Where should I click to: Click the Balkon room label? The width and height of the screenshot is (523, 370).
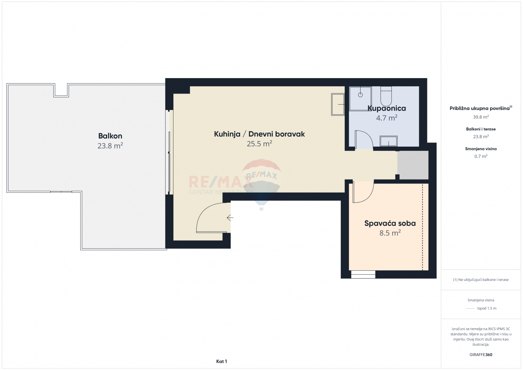pos(110,136)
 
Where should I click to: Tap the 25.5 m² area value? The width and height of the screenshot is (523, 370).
pos(259,144)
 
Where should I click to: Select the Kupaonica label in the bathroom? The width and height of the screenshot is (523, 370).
pos(387,108)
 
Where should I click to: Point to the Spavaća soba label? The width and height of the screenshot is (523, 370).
pos(390,223)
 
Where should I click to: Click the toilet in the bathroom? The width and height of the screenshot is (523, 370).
pos(386,96)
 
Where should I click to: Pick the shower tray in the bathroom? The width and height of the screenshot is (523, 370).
pos(360,99)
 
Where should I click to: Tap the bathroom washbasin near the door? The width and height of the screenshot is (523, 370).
pos(389,141)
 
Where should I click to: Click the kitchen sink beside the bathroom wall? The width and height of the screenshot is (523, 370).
pos(338,104)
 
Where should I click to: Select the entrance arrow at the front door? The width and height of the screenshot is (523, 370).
pos(230,218)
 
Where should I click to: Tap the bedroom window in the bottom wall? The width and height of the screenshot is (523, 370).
pos(363,274)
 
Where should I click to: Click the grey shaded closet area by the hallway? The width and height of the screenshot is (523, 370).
pos(413,165)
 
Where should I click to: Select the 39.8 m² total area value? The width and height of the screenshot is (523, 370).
pos(481,117)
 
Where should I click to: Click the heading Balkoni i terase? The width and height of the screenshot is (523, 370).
pos(481,129)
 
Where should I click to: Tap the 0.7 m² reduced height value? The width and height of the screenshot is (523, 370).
pos(481,156)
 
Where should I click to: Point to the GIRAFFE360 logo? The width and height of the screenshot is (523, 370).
pos(481,355)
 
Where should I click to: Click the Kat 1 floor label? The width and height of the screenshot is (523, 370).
pos(221,361)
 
